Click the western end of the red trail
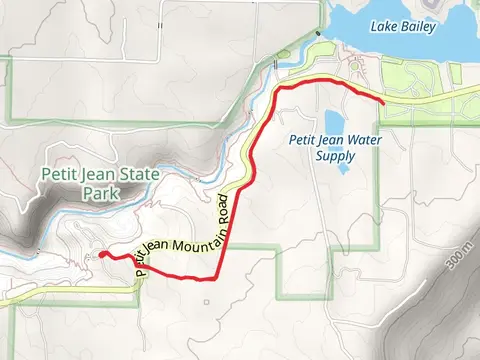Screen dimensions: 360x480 point(103,254)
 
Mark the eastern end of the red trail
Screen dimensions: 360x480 point(383,101)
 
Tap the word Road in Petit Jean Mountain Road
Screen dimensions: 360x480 point(221,203)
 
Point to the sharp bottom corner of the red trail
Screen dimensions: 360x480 point(217,277)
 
